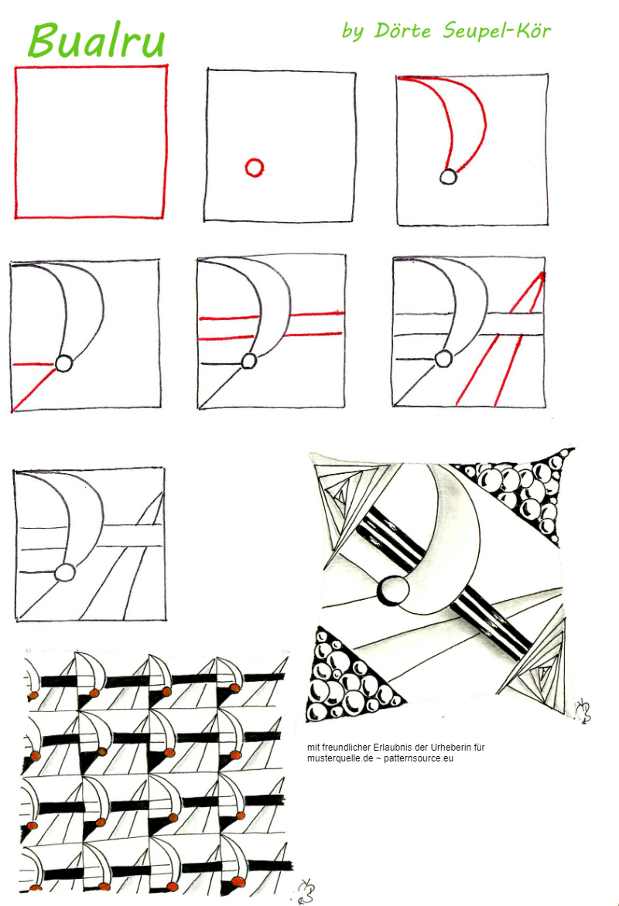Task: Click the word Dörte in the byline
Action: pos(402,30)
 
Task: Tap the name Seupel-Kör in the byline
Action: pos(497,31)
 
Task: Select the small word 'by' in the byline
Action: pos(352,31)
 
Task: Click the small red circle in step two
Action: pos(255,168)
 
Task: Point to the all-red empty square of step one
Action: pos(15,141)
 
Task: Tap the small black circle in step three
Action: pos(448,176)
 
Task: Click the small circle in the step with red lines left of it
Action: pos(63,363)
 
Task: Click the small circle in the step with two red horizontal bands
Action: pos(248,360)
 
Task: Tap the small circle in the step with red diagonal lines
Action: pos(443,359)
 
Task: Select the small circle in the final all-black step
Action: pos(65,572)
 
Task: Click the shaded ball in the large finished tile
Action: pos(394,591)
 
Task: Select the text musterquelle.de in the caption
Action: pos(340,758)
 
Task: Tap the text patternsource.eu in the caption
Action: pos(419,758)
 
